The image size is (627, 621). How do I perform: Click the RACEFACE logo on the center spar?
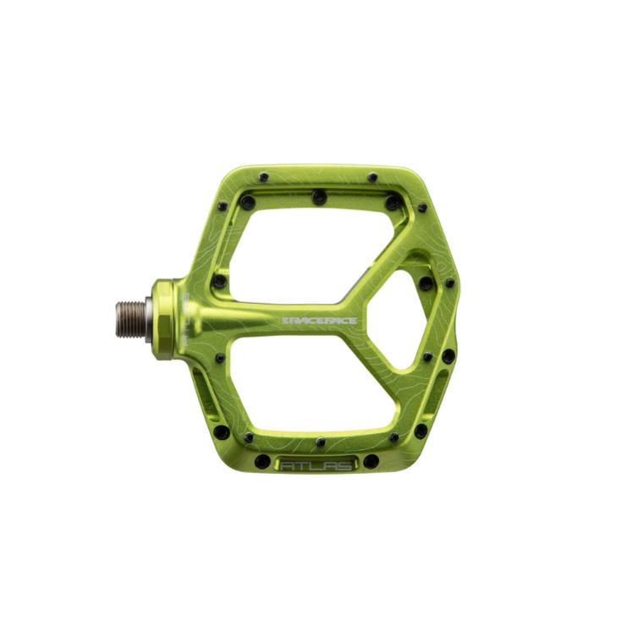coord(319,321)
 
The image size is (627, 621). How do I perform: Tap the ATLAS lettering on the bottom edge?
coord(316,466)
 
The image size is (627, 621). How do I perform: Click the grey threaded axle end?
coord(131,319)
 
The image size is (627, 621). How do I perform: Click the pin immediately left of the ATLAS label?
coord(262,461)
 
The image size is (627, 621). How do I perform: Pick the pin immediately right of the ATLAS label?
coord(371,461)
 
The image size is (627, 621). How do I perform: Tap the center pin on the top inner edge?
coord(320,197)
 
